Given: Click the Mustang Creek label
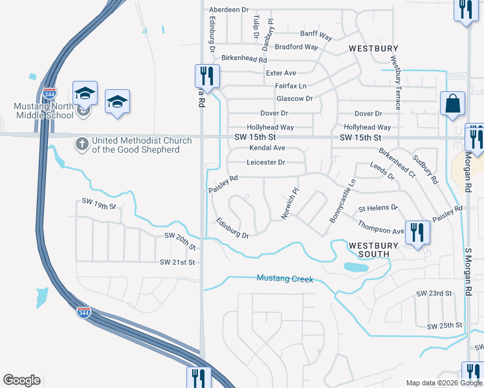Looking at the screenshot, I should [285, 279].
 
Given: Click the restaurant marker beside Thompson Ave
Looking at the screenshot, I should [417, 232].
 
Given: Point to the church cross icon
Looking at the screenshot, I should [82, 143].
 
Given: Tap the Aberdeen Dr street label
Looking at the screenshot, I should [228, 10].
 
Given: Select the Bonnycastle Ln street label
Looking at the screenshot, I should [342, 202].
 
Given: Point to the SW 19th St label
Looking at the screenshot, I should [98, 206].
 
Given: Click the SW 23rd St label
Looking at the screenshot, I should [434, 293].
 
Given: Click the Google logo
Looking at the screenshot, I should [22, 380].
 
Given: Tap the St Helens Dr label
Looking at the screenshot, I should [378, 209].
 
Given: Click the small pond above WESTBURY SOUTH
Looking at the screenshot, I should [355, 266].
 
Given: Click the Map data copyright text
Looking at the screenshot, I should [444, 383].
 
